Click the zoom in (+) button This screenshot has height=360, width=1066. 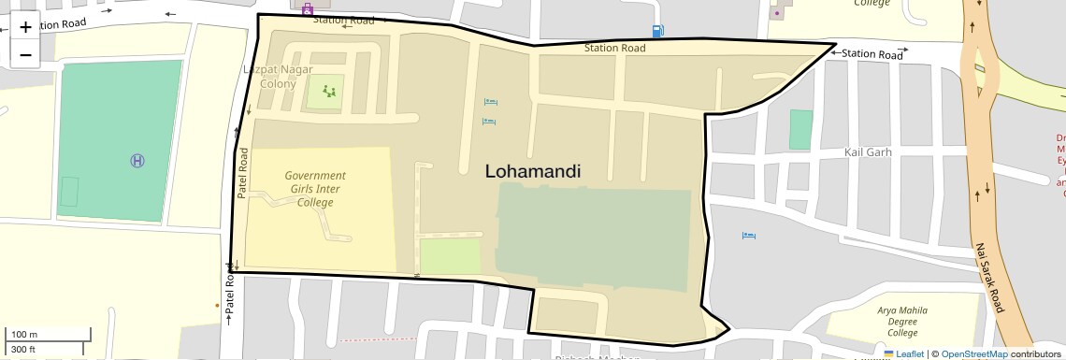point(25,28)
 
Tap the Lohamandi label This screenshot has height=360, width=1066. point(533,171)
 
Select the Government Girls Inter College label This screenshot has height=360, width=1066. point(315,189)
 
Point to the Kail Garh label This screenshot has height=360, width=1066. point(868,151)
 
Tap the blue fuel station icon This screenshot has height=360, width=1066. point(658,31)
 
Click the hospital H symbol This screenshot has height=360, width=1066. point(137,161)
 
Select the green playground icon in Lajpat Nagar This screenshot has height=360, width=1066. point(328,91)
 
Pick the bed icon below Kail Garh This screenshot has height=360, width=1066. point(748,235)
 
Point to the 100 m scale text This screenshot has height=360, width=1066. point(24,335)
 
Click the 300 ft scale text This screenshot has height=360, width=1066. point(24,350)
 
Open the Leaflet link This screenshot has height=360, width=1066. point(902,353)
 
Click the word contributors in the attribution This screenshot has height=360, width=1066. point(1035,353)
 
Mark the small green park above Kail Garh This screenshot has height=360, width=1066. point(799,129)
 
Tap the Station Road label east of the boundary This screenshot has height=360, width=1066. point(872,54)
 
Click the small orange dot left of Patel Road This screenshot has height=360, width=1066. point(218,304)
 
